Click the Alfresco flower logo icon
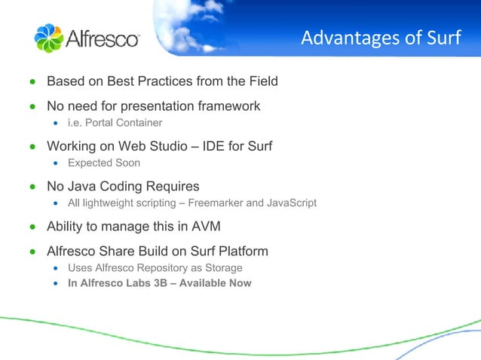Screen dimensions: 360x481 coord(49,38)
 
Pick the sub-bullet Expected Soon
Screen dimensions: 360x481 coord(104,163)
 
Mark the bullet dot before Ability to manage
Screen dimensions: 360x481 coord(32,227)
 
